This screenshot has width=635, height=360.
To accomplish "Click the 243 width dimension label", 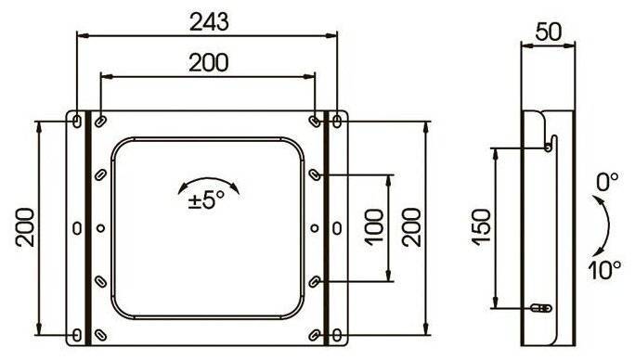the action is coord(209,22).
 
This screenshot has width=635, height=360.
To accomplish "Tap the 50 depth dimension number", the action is coord(549,32).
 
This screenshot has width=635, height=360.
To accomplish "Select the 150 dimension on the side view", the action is coord(482,227).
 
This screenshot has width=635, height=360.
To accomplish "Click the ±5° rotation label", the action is coord(206,199).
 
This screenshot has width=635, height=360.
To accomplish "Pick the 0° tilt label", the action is coord(607,182).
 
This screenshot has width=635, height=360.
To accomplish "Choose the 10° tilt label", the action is coord(604,270).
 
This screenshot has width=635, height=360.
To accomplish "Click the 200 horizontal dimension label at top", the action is coord(209,63).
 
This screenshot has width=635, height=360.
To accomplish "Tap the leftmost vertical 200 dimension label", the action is coord(25,227).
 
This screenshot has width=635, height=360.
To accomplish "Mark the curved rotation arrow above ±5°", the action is coord(209,178).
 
